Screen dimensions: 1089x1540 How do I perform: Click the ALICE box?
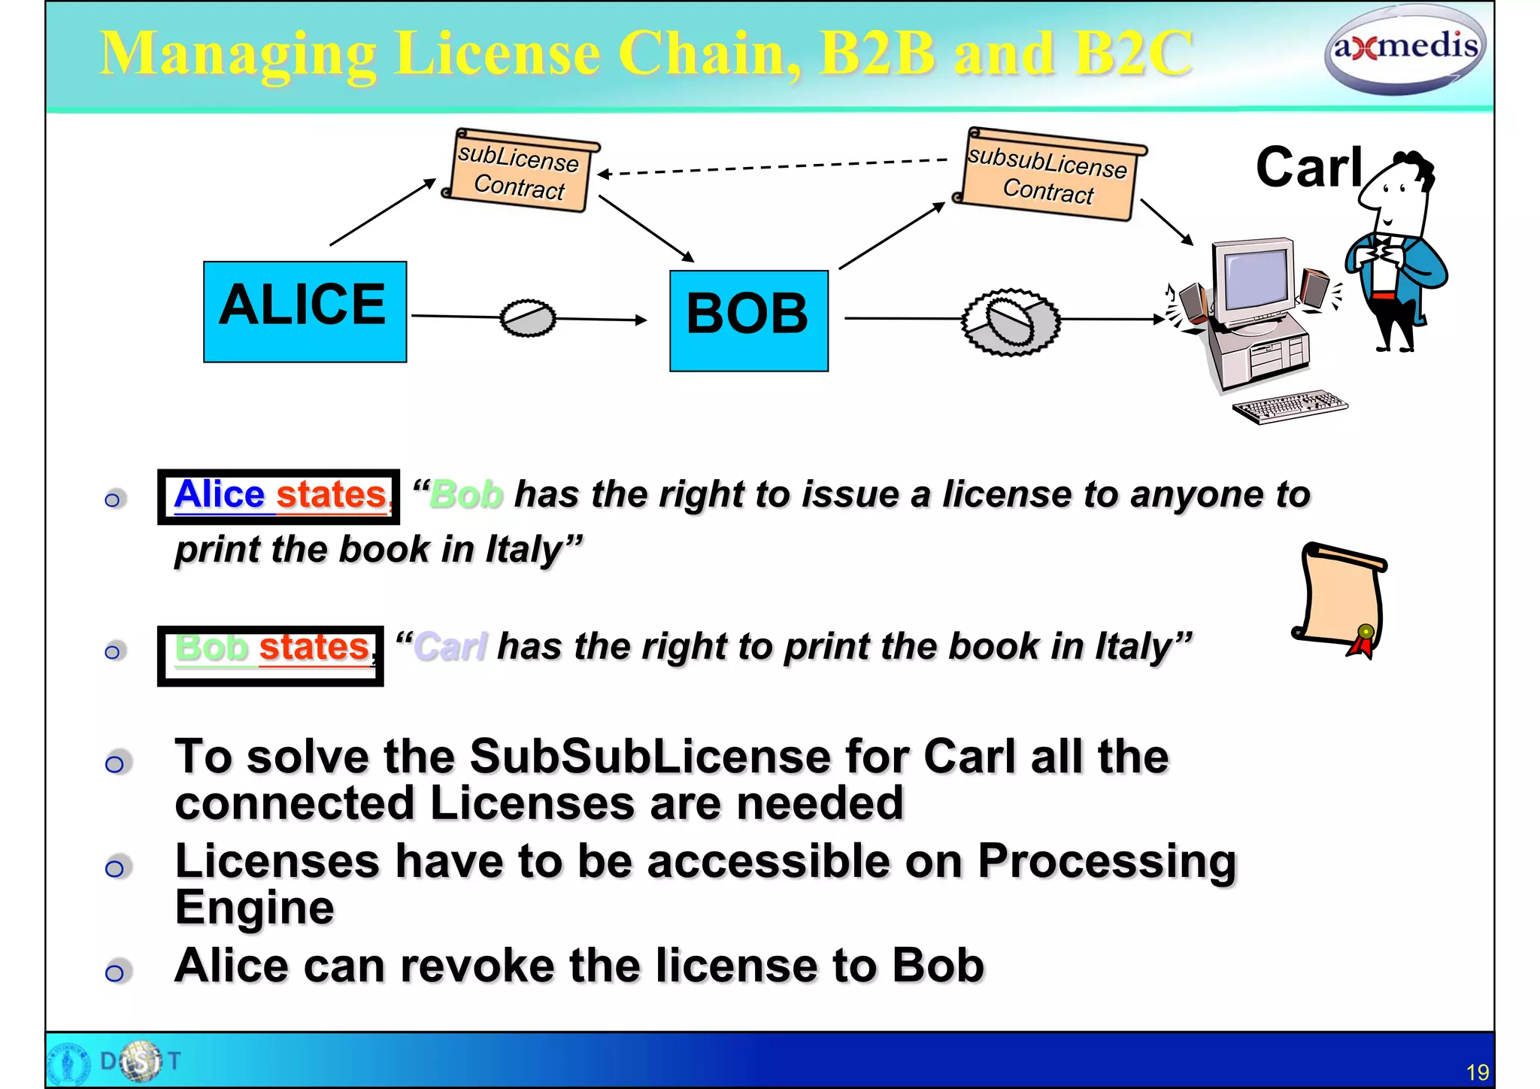tap(305, 311)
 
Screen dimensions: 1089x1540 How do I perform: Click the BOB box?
tap(748, 320)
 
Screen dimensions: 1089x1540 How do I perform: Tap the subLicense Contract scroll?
tap(520, 171)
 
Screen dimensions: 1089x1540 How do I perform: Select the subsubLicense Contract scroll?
tap(1048, 175)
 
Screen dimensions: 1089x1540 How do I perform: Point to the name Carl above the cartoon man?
tap(1308, 167)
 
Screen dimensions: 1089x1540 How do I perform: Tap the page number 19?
tap(1477, 1072)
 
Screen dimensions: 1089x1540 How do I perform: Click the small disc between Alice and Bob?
tap(528, 318)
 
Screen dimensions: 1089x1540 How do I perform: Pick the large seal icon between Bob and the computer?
tap(1011, 321)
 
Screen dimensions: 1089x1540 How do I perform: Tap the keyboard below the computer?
tap(1289, 406)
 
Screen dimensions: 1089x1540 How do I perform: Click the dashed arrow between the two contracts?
tap(775, 167)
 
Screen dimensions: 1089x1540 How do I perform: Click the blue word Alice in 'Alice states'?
tap(219, 495)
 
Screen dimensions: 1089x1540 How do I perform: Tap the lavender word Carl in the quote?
tap(450, 647)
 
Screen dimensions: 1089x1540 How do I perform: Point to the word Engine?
tap(254, 908)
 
